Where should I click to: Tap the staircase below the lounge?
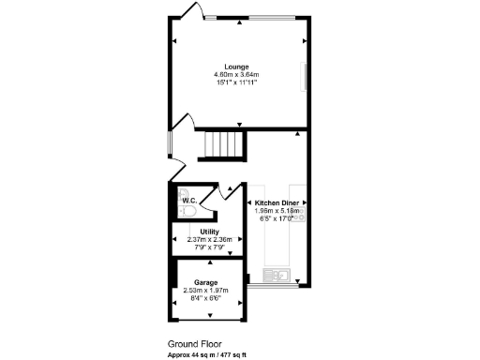[224, 146]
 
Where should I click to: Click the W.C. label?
[188, 200]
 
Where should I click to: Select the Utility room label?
[209, 232]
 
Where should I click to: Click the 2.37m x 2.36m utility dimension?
[209, 239]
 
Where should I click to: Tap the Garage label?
[206, 282]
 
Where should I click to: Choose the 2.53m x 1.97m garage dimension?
[206, 291]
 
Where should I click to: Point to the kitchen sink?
[279, 275]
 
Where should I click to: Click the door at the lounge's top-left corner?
[187, 11]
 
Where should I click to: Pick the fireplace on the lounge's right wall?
[303, 76]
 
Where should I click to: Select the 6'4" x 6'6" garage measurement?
[206, 298]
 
